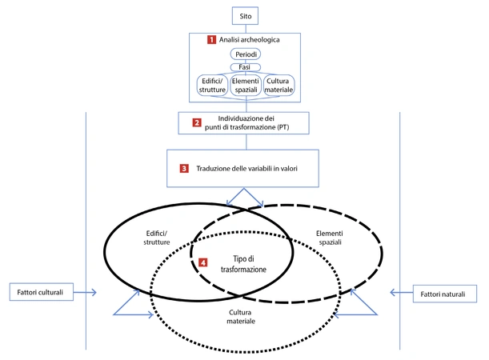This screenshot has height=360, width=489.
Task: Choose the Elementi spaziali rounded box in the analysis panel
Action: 247,86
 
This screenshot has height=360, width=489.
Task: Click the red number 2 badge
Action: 197,123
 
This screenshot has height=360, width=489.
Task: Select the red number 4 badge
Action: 203,262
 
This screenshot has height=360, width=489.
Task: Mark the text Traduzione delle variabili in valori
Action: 255,169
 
